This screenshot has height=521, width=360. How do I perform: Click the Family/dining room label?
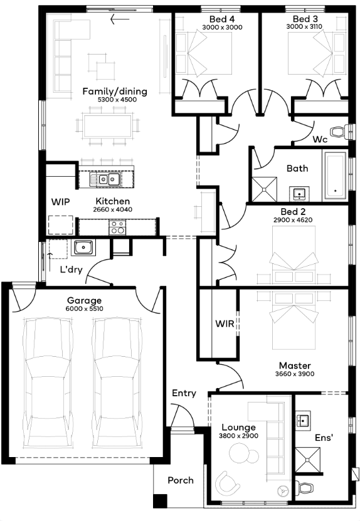(x=115, y=92)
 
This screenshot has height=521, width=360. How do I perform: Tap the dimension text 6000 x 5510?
(x=85, y=308)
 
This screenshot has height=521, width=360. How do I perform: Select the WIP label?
(x=60, y=202)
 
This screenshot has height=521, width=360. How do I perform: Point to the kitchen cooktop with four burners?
(x=117, y=228)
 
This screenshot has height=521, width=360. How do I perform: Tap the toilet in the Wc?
(x=340, y=131)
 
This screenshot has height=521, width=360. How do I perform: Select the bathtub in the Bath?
(x=336, y=176)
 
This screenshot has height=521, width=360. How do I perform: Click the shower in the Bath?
(x=264, y=189)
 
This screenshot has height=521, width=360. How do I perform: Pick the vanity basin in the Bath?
(x=299, y=194)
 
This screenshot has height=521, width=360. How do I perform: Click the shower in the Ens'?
(x=308, y=460)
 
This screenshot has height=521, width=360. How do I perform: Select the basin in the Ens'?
(x=303, y=421)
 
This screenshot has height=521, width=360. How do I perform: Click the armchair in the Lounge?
(x=228, y=482)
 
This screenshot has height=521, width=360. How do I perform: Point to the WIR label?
(x=225, y=324)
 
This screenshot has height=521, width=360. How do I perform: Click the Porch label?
(x=181, y=480)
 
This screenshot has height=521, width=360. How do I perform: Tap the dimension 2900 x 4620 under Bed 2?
(x=293, y=220)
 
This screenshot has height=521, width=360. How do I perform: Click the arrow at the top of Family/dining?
(x=120, y=19)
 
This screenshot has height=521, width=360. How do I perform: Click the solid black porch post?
(x=160, y=501)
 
